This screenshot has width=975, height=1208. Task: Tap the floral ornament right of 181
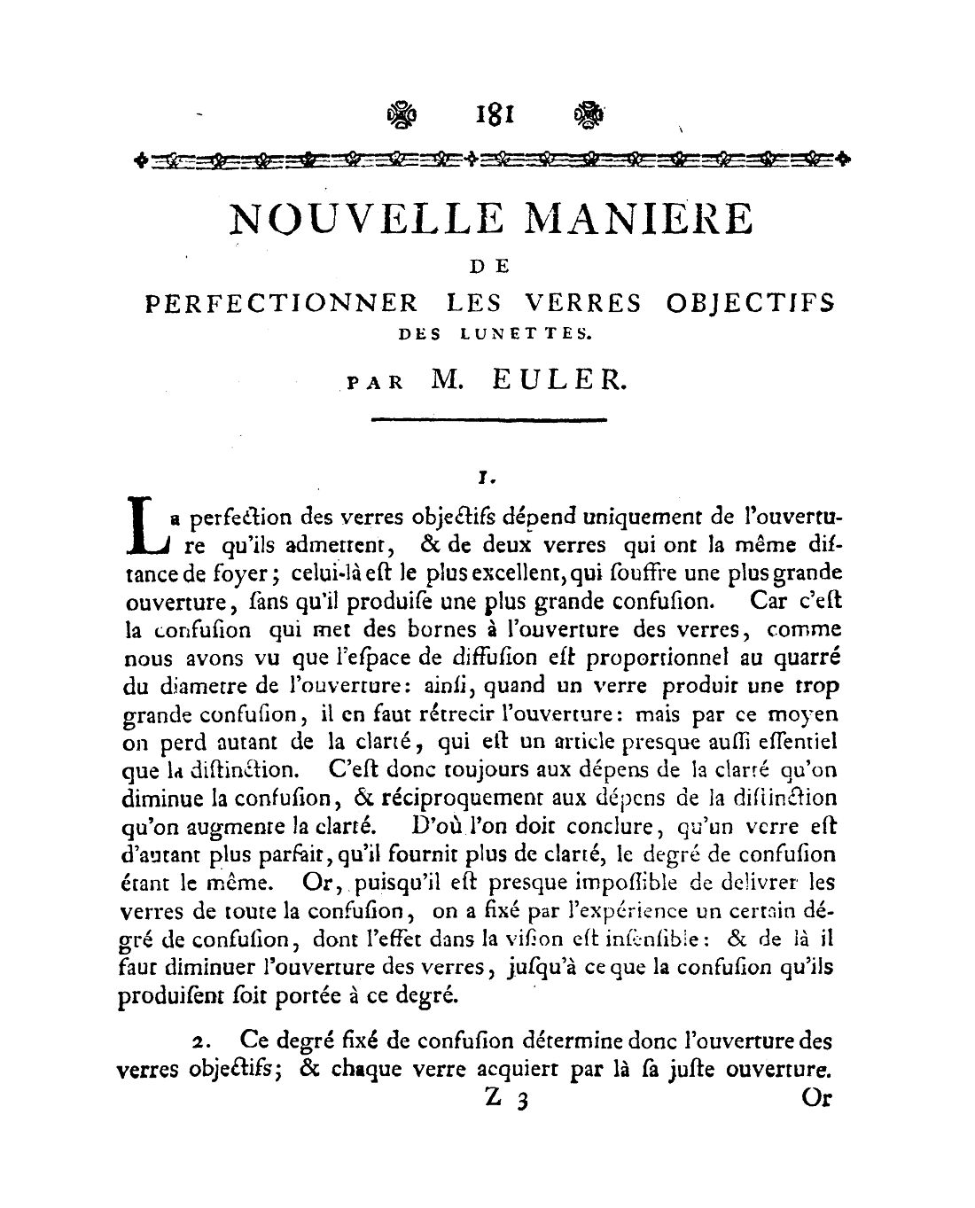589,114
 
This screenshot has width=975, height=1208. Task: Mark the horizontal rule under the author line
488,419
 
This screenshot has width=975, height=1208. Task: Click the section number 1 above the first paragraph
484,478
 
